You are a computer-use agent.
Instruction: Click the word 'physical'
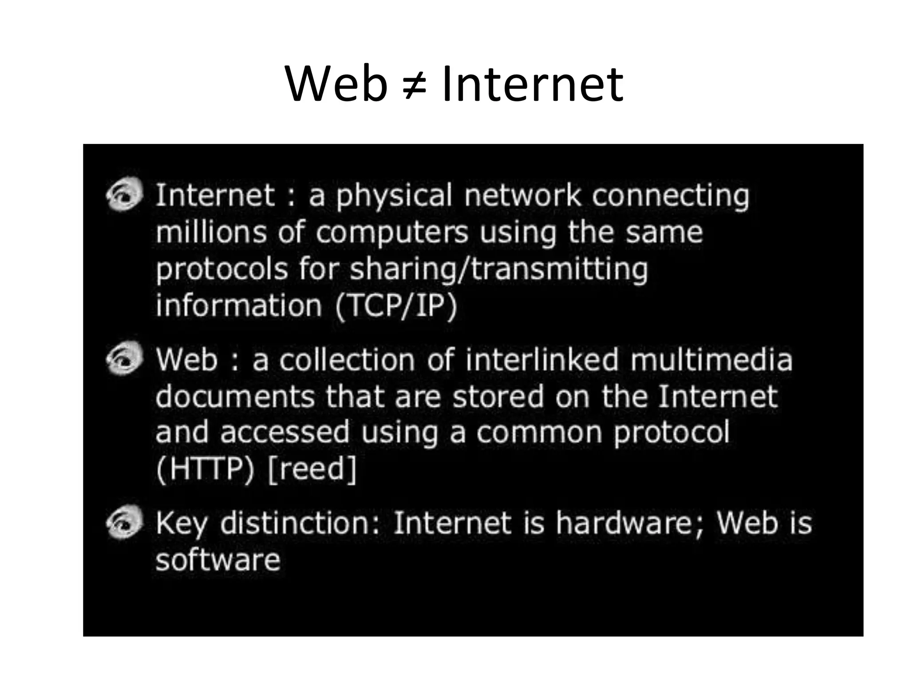[394, 196]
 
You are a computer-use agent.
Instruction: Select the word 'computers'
[392, 233]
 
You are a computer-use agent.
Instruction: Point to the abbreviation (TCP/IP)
[395, 306]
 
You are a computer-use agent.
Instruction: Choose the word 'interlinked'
[541, 359]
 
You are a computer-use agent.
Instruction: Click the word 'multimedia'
[711, 359]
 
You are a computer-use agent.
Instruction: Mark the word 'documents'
[235, 396]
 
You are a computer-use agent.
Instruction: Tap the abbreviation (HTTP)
[205, 469]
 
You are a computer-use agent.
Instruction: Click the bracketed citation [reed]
[312, 469]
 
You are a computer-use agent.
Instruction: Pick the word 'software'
[218, 559]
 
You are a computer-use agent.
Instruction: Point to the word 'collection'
[347, 359]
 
